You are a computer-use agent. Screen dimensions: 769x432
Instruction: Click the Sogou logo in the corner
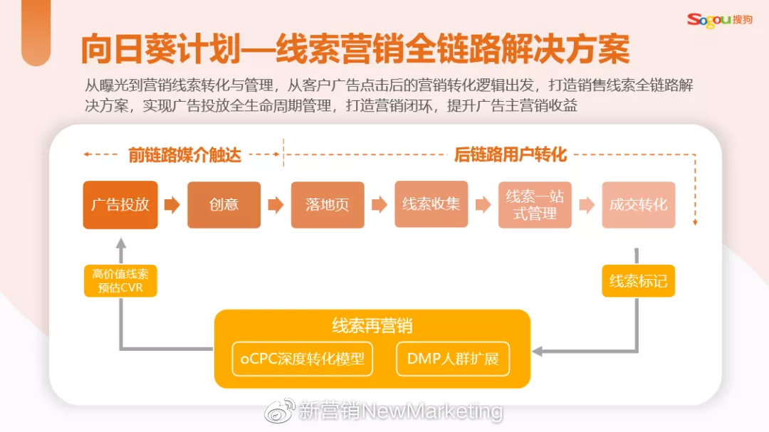coord(718,19)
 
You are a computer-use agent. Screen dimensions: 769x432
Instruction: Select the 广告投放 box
coord(120,205)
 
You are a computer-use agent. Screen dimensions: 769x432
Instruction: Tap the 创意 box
coord(224,205)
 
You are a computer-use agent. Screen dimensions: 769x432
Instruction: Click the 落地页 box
coord(328,205)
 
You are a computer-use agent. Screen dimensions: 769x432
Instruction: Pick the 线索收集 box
coord(431,205)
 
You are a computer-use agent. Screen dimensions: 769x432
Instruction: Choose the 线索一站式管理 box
coord(535,205)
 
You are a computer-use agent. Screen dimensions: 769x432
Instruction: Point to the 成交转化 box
coord(638,205)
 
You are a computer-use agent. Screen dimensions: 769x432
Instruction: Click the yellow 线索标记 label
coord(638,281)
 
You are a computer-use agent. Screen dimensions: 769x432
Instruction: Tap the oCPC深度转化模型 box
coord(303,359)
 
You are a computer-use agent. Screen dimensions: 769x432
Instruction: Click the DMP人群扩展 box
coord(453,359)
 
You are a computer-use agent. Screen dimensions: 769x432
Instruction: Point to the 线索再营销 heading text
coord(372,327)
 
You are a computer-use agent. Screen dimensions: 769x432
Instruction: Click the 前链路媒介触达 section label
coord(184,154)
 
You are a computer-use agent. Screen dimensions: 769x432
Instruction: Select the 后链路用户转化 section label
coord(510,154)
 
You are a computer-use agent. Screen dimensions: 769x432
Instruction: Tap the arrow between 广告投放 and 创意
coord(172,205)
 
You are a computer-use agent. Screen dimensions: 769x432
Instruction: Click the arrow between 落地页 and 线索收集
coord(380,205)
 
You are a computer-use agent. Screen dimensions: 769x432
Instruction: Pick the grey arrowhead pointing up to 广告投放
coord(120,243)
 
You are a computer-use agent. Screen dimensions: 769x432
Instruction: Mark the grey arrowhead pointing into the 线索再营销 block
coord(538,350)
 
